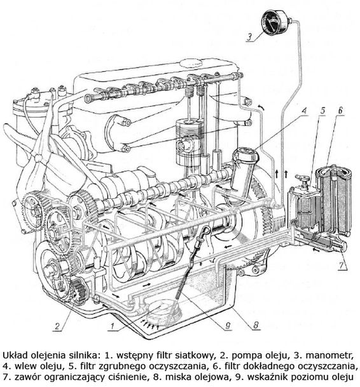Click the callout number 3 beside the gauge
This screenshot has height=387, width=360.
click(249, 37)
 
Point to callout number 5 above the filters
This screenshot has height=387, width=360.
click(322, 111)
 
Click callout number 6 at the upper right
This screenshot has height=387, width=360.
click(340, 111)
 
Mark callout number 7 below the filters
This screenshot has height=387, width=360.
click(341, 266)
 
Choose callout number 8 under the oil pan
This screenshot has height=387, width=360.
click(256, 325)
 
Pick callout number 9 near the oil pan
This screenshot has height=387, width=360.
click(228, 325)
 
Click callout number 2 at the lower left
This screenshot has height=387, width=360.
click(57, 326)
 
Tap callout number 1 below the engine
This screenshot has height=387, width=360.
click(112, 326)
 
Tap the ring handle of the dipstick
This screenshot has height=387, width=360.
click(204, 232)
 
